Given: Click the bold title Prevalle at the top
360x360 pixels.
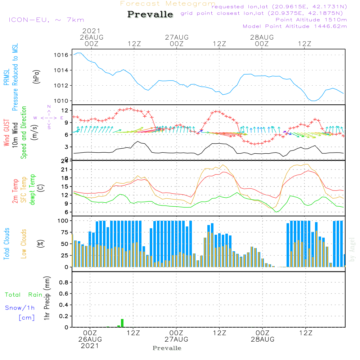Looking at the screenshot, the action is [150, 14].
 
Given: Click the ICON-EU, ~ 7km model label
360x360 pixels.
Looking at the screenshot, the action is [46, 20].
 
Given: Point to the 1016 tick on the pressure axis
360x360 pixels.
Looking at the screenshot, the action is [61, 55].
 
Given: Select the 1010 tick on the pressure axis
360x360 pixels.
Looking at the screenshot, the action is [61, 101].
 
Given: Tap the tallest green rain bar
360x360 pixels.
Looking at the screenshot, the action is [122, 323].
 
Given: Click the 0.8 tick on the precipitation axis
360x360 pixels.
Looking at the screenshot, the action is [64, 282].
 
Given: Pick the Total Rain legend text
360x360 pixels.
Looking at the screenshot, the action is [24, 295].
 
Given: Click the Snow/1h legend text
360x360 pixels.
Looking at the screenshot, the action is [20, 308].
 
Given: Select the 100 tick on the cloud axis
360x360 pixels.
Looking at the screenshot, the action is [63, 221].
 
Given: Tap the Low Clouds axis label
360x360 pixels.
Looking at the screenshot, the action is [24, 244].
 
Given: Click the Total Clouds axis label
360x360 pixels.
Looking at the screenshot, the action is [6, 244].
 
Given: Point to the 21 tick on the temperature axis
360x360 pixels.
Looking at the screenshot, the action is [64, 170].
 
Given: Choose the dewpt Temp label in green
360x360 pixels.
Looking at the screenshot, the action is [32, 189].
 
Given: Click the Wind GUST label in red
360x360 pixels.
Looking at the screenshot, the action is [6, 133].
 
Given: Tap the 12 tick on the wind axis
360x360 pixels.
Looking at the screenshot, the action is [65, 111].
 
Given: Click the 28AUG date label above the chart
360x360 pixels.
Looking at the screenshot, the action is [262, 37].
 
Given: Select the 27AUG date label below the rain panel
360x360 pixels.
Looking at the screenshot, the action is [176, 339].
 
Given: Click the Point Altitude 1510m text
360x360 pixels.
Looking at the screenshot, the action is [311, 20].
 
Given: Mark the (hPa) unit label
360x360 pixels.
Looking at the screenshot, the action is [36, 77].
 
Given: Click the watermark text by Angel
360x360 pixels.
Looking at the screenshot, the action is [352, 249].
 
